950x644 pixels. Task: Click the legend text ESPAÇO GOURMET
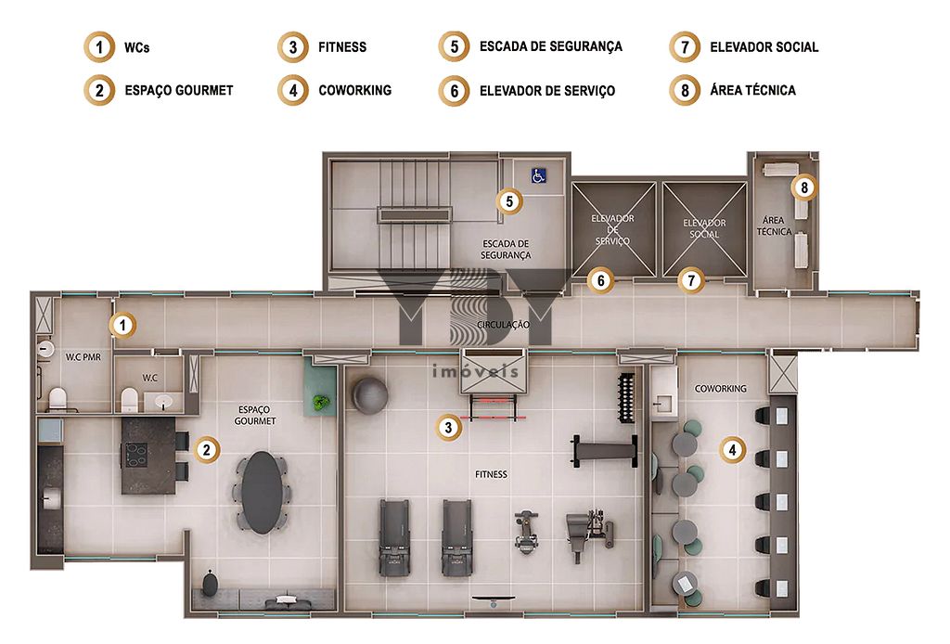coord(179,90)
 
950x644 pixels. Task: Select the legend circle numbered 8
coord(685,90)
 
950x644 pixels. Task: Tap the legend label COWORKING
coord(355,90)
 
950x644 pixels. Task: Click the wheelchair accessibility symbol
coord(539,175)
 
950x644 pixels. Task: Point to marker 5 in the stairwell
coord(509,201)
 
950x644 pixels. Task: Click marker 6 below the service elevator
coord(601,280)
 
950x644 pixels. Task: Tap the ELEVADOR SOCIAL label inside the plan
coord(704,228)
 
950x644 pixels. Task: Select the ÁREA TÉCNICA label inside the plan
coord(774,225)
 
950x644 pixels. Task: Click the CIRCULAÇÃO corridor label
coord(503,325)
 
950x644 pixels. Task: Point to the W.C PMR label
coord(83,357)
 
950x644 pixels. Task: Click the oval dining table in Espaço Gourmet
coord(262,492)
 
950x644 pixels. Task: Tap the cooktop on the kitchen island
coord(135,455)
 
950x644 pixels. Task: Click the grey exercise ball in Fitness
coord(369,395)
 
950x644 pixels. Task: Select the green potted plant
coord(321,401)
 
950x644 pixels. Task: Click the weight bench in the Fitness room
coord(605,451)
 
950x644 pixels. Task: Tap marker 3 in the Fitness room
coord(448,428)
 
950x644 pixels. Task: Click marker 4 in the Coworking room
coord(733,450)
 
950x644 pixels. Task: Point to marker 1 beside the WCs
coord(123,326)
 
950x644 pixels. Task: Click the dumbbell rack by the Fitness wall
coord(626,398)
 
